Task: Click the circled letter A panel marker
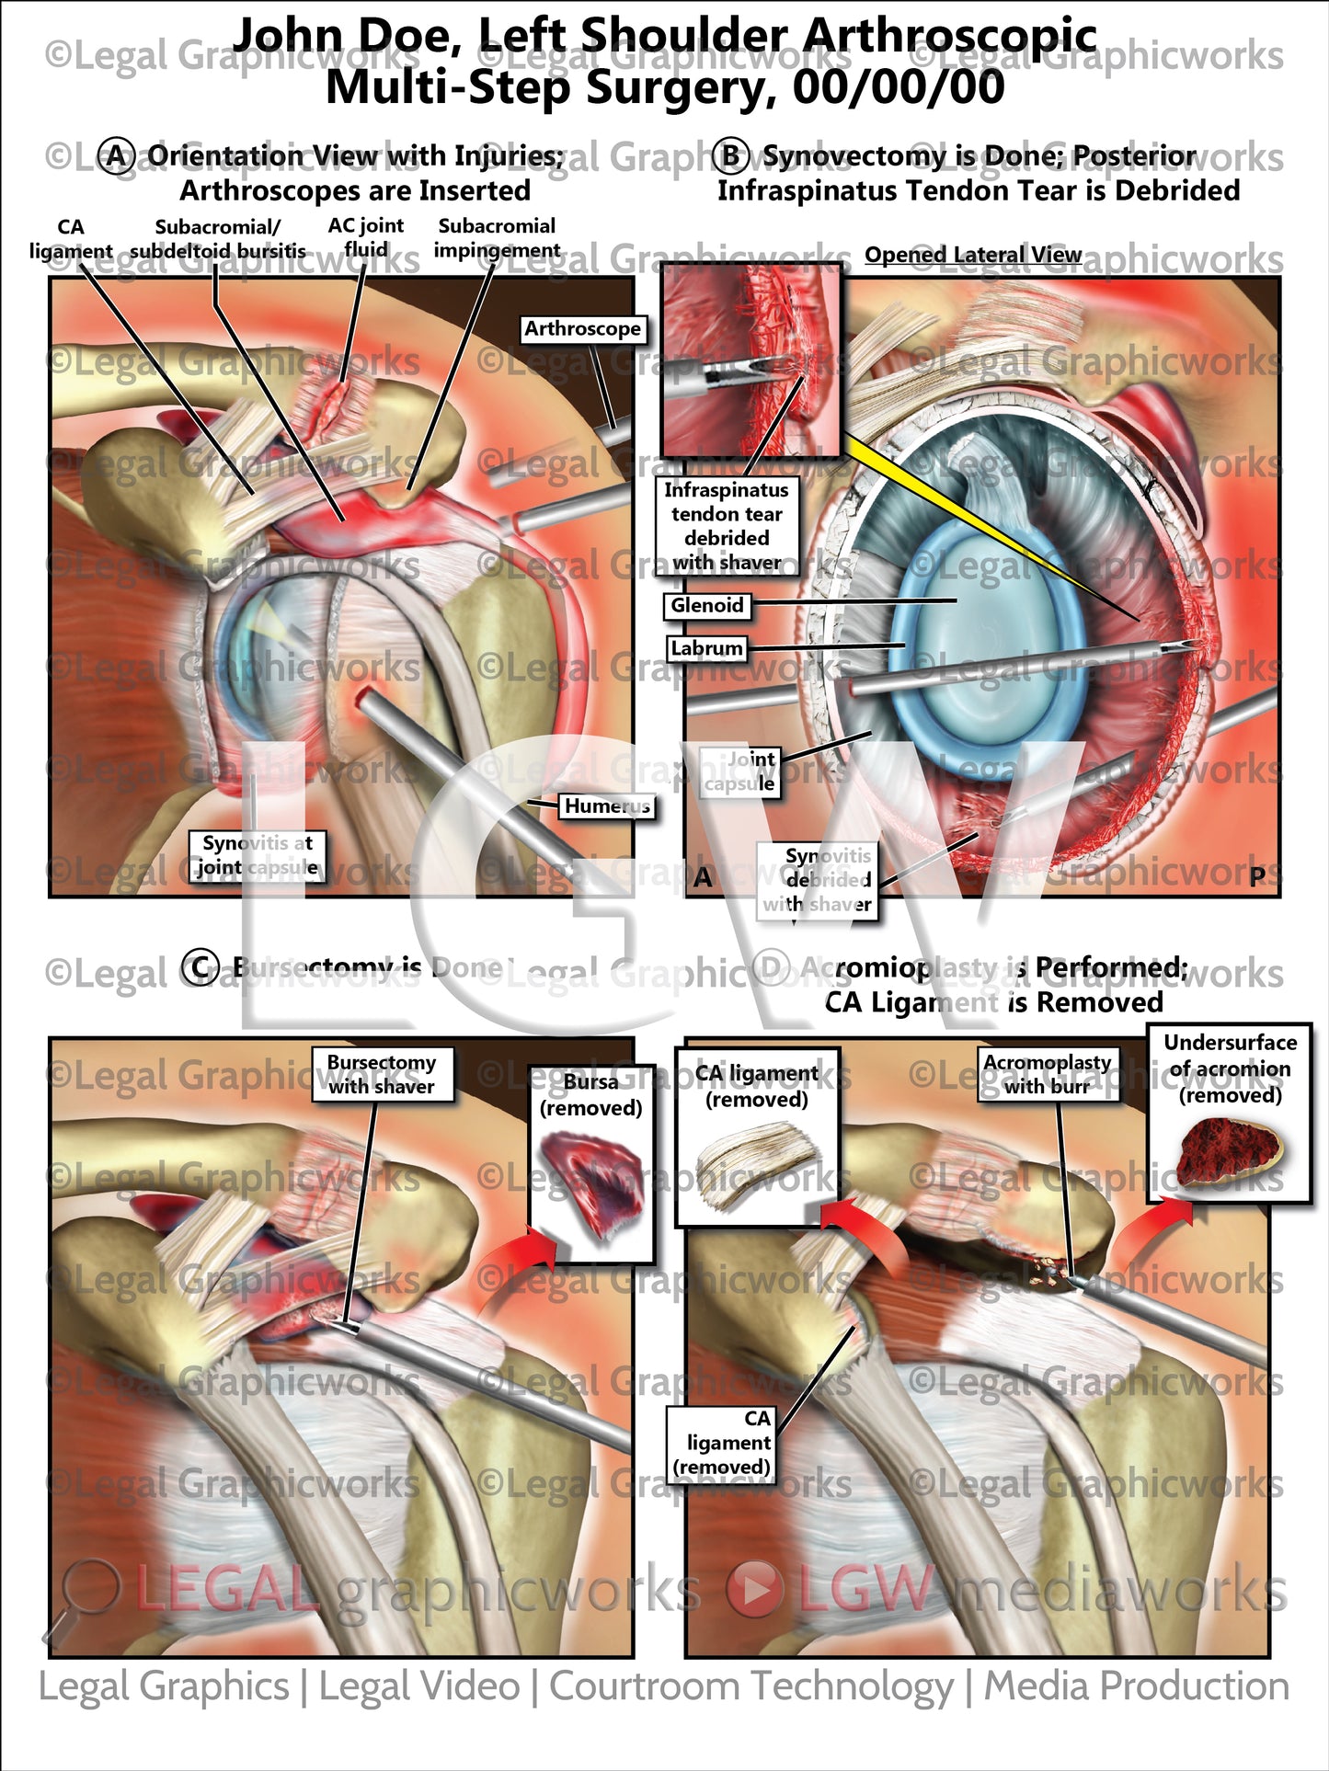coord(117,156)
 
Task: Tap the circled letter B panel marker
coord(731,156)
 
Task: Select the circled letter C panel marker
coord(200,967)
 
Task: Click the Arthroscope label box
coord(582,329)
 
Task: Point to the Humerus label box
coord(607,806)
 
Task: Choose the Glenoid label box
coord(706,605)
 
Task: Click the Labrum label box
coord(706,648)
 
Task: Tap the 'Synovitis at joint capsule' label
coord(258,855)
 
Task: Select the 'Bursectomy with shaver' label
coord(382,1074)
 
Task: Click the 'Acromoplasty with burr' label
coord(1048,1074)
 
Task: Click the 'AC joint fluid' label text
coord(366,237)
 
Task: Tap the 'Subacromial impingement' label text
coord(497,237)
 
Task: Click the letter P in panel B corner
coord(1257,877)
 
